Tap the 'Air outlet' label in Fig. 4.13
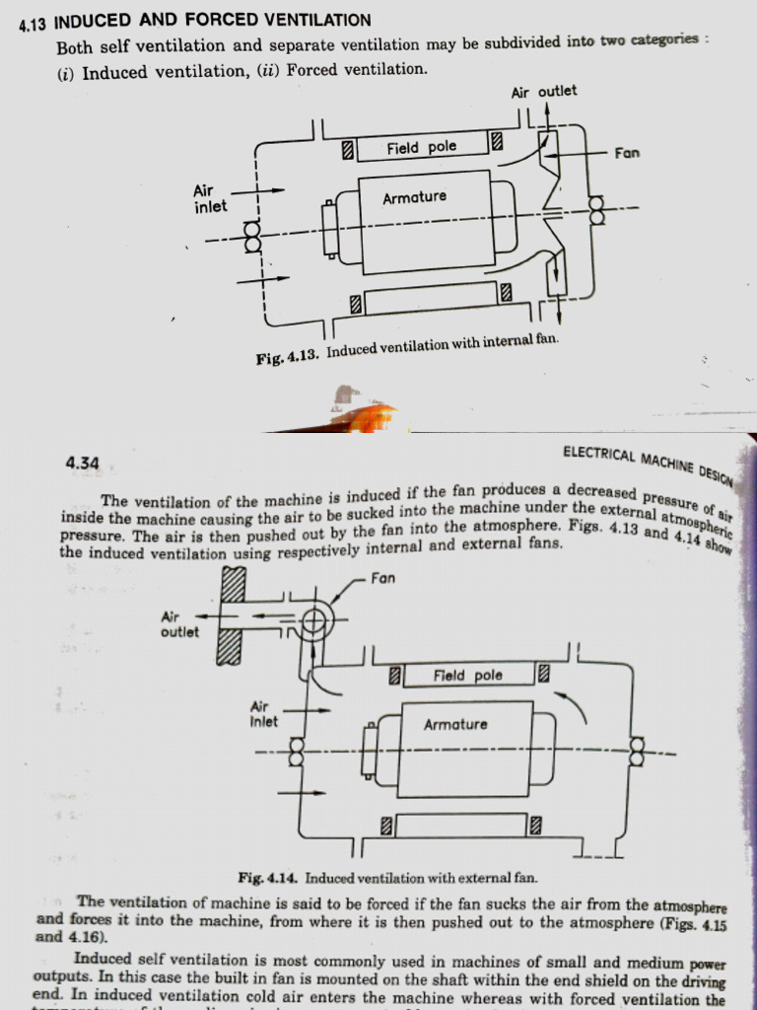point(544,92)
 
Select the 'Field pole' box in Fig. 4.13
point(421,148)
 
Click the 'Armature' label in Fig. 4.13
point(414,197)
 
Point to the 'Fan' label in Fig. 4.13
point(627,153)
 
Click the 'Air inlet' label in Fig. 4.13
point(210,198)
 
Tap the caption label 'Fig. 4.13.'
point(288,358)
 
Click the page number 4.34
point(82,463)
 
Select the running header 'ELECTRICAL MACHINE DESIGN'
point(648,466)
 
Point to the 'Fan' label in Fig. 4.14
point(384,579)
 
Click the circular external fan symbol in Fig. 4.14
point(314,620)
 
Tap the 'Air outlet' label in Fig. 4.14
point(179,624)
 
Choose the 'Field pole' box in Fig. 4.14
point(467,676)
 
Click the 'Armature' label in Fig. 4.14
point(455,725)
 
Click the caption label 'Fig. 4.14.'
point(269,877)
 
